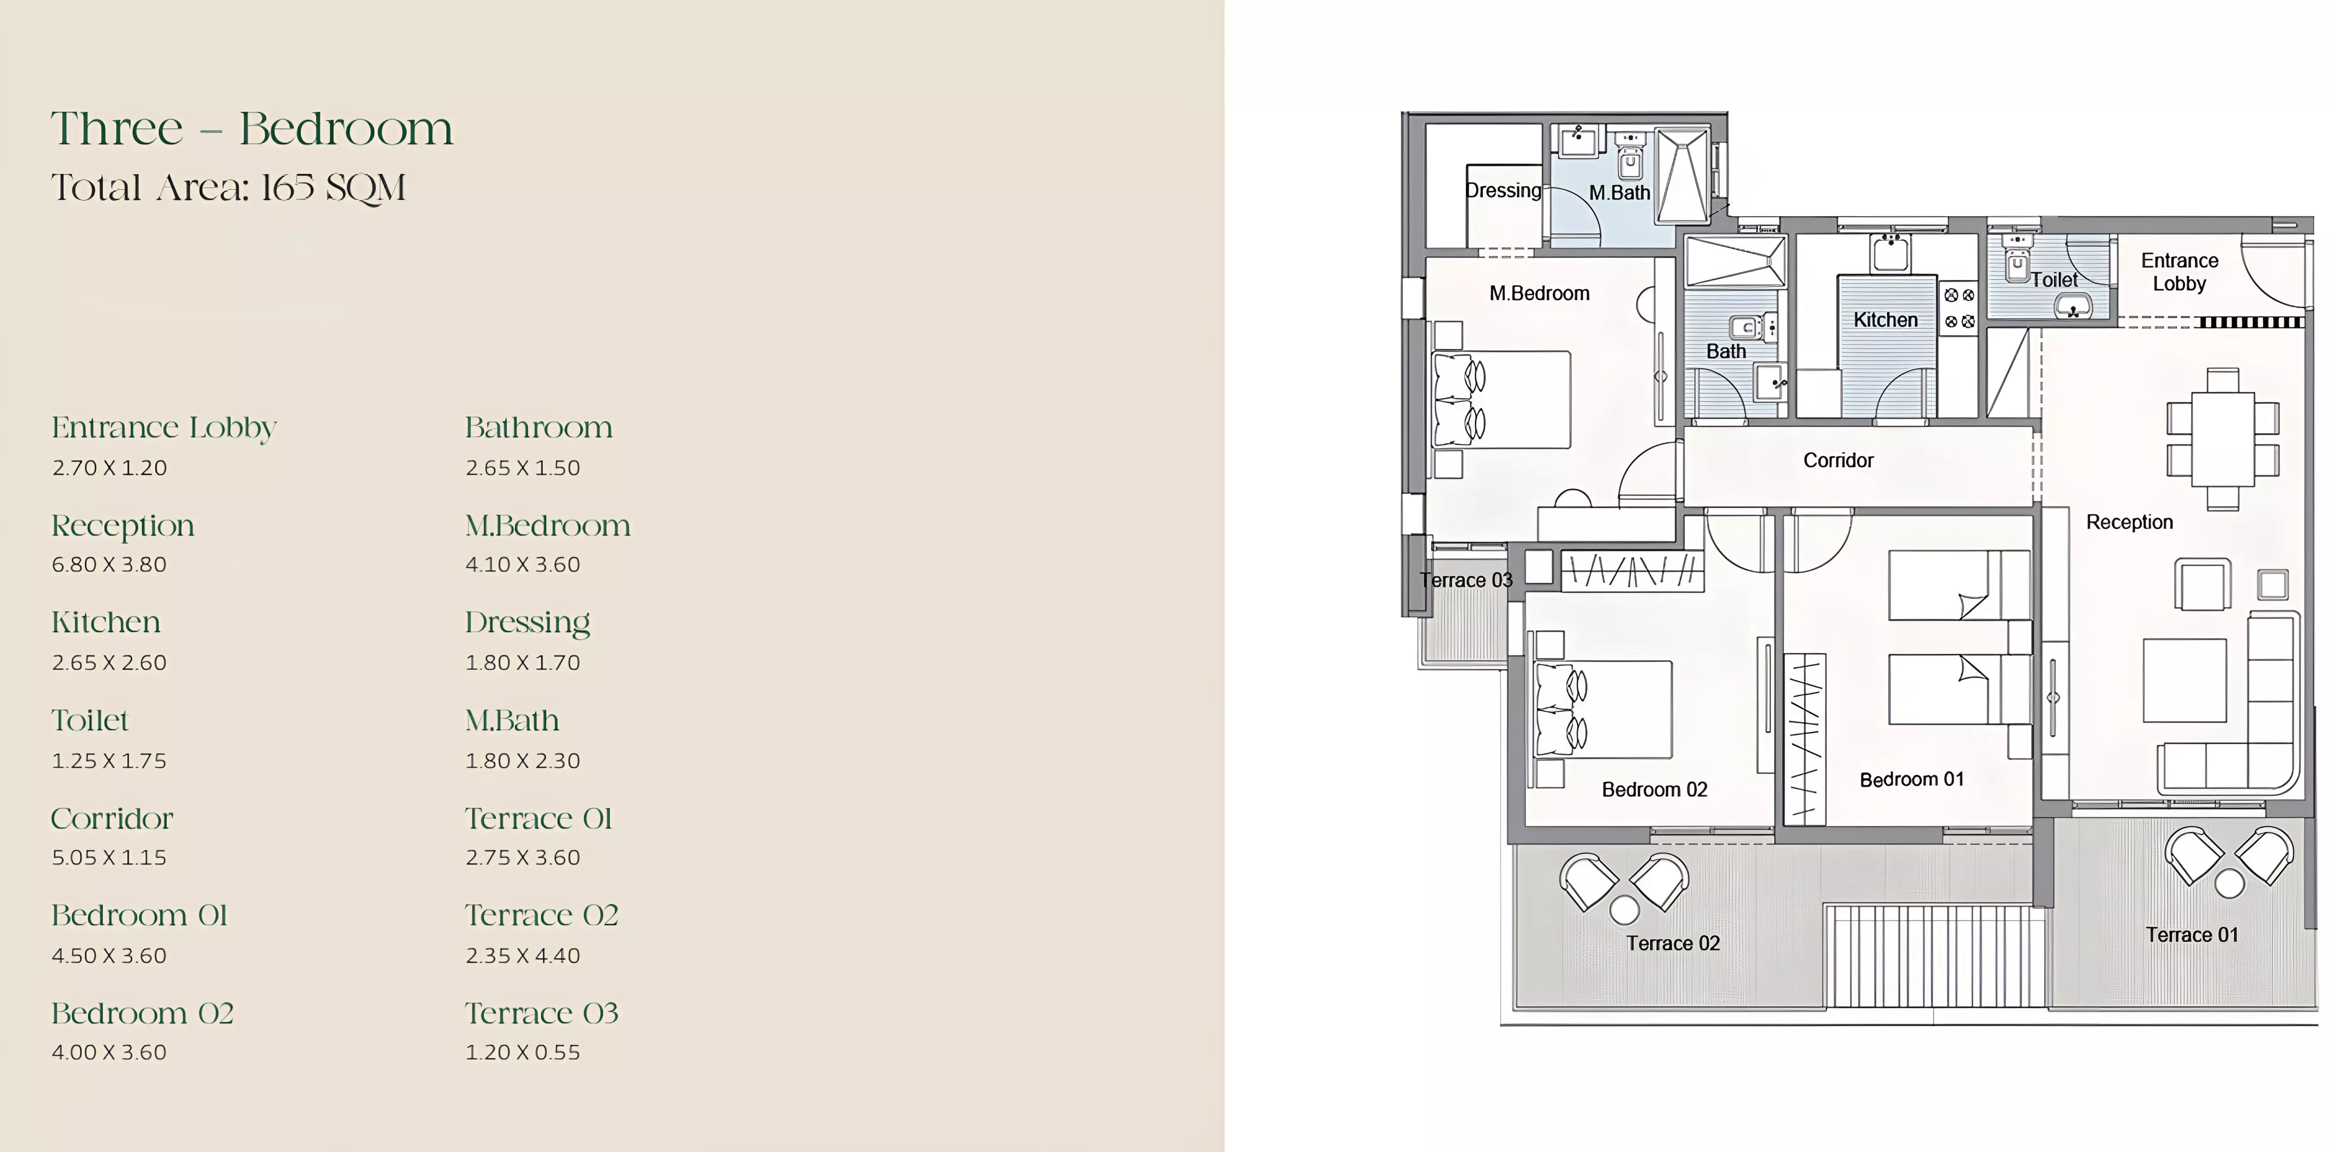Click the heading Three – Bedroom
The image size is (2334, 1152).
tap(252, 129)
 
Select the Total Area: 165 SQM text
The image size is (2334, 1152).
tap(228, 188)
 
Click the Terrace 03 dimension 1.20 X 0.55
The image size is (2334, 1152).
tap(523, 1052)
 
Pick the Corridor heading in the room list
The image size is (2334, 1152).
tap(112, 818)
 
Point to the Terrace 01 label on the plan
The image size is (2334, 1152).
tap(2192, 934)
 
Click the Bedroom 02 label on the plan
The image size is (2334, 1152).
tap(1654, 790)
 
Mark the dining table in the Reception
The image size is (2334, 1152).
tap(2222, 439)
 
